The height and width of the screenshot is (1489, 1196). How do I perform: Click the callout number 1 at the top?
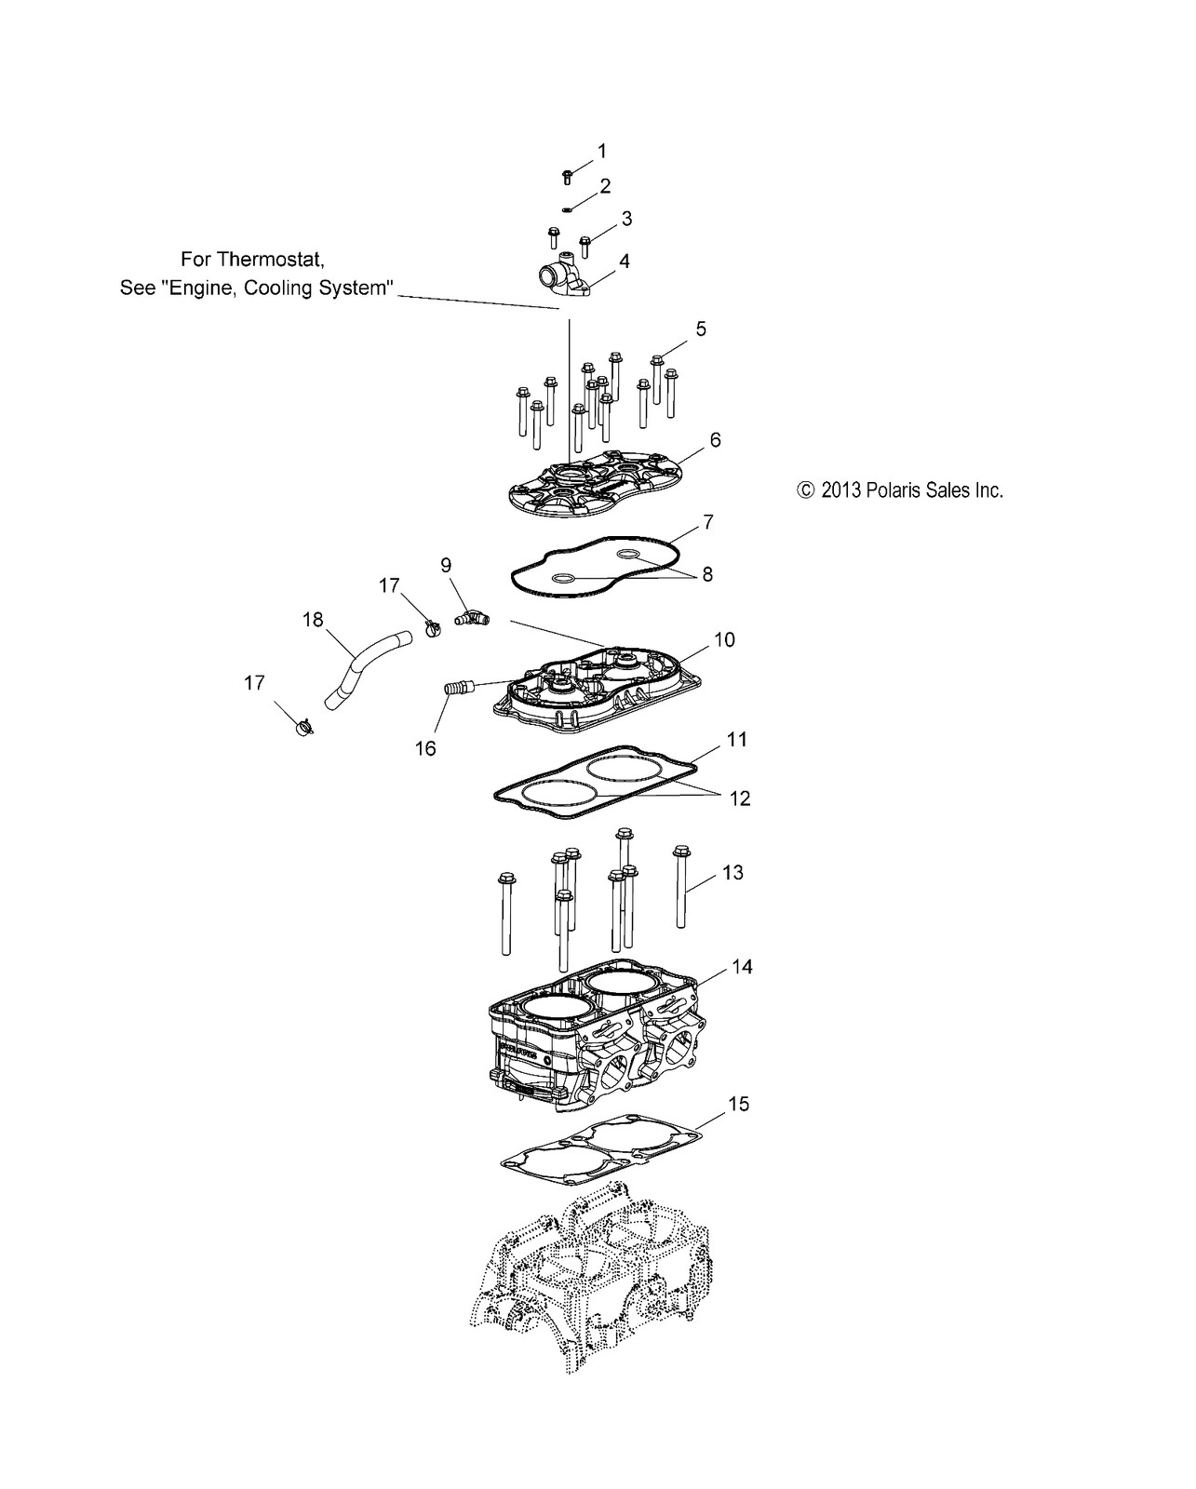pos(601,151)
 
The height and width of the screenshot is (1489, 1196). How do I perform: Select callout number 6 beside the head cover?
pos(715,440)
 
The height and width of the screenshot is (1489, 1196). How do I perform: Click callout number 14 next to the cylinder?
pos(742,967)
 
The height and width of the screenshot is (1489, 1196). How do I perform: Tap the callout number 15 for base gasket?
pos(738,1104)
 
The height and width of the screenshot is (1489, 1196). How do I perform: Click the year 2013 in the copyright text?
pos(841,490)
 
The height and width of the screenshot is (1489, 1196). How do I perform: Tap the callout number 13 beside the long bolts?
pos(732,873)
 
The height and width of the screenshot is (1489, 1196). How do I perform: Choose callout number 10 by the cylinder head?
pos(724,639)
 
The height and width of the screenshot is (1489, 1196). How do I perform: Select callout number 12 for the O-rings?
pos(740,798)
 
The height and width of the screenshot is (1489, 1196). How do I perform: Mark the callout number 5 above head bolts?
pos(701,329)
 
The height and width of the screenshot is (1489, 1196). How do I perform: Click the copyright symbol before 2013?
pos(806,490)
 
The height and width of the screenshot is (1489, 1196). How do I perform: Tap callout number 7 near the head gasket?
pos(708,523)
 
